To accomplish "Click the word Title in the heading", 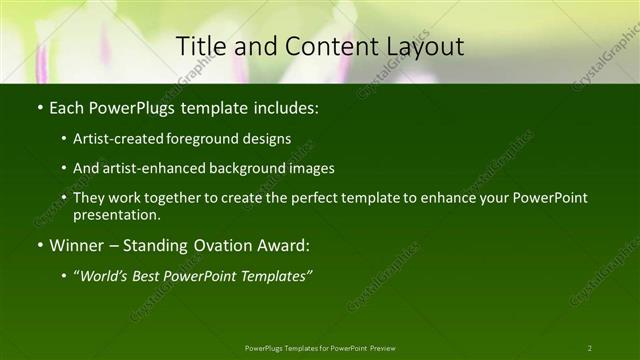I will tap(200, 46).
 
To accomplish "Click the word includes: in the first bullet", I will tap(287, 106).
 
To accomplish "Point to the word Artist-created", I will tap(114, 138).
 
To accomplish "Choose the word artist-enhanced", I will tap(147, 168).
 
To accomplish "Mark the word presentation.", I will tap(116, 214).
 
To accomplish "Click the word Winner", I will tap(77, 245).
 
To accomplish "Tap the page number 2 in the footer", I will tap(589, 348).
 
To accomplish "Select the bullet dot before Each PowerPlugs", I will tap(39, 106).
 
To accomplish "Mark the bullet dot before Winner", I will tap(39, 245).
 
